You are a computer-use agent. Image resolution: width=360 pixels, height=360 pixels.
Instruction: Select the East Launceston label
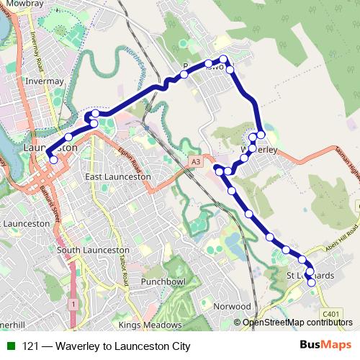click(117, 176)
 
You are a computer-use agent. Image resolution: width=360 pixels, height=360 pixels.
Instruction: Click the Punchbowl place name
click(163, 281)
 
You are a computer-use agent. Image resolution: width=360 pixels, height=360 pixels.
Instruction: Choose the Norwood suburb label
click(232, 306)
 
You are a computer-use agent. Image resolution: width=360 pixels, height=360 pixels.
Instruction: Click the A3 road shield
click(196, 163)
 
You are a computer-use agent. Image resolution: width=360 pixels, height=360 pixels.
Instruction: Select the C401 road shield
click(331, 314)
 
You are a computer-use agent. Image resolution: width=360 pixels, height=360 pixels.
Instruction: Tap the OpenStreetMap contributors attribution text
click(297, 322)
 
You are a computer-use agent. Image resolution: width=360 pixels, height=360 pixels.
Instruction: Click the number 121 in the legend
click(31, 346)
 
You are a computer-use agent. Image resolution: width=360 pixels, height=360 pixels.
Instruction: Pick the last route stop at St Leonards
click(312, 283)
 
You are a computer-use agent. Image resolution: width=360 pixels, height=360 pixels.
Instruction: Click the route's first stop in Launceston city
click(53, 160)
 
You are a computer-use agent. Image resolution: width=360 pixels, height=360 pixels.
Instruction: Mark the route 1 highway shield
click(73, 305)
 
